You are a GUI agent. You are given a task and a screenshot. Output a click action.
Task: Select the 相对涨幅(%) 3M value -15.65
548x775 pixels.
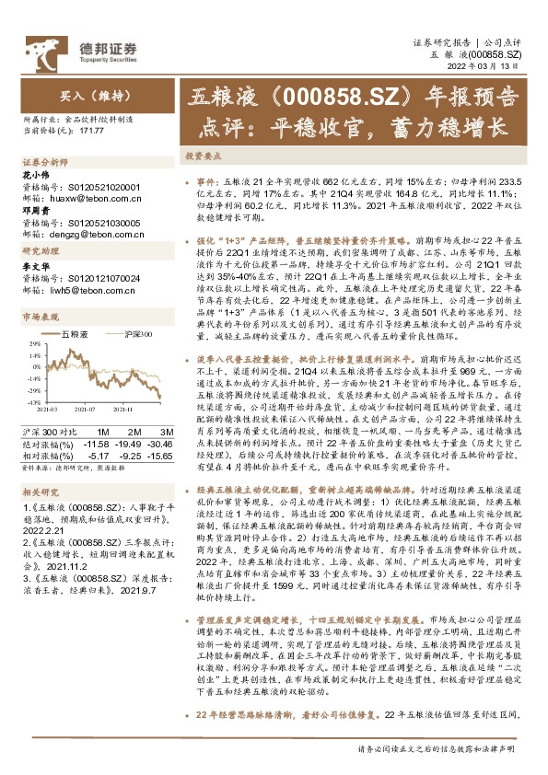pos(161,455)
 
